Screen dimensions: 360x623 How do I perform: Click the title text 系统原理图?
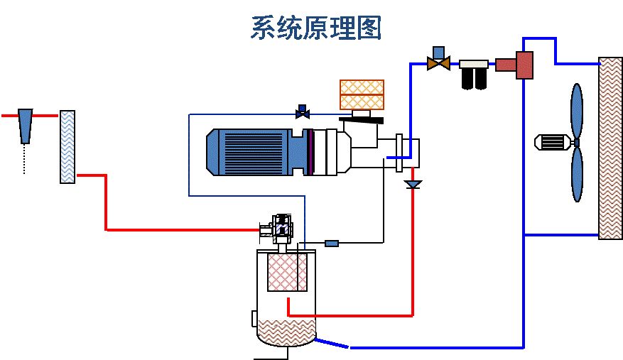[x=316, y=28]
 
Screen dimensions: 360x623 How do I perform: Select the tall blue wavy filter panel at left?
[x=67, y=147]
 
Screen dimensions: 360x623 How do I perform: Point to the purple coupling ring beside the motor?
[x=310, y=152]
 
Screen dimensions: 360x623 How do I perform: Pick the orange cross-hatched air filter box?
[x=362, y=94]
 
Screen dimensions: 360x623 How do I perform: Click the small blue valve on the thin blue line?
[x=303, y=111]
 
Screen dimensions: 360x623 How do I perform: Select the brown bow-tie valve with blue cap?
[x=438, y=61]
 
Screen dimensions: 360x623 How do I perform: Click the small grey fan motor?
[x=553, y=142]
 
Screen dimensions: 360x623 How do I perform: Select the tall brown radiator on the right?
[x=610, y=148]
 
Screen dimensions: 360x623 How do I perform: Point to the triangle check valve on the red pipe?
[x=412, y=185]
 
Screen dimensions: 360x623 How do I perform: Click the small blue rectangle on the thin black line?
[x=332, y=244]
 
